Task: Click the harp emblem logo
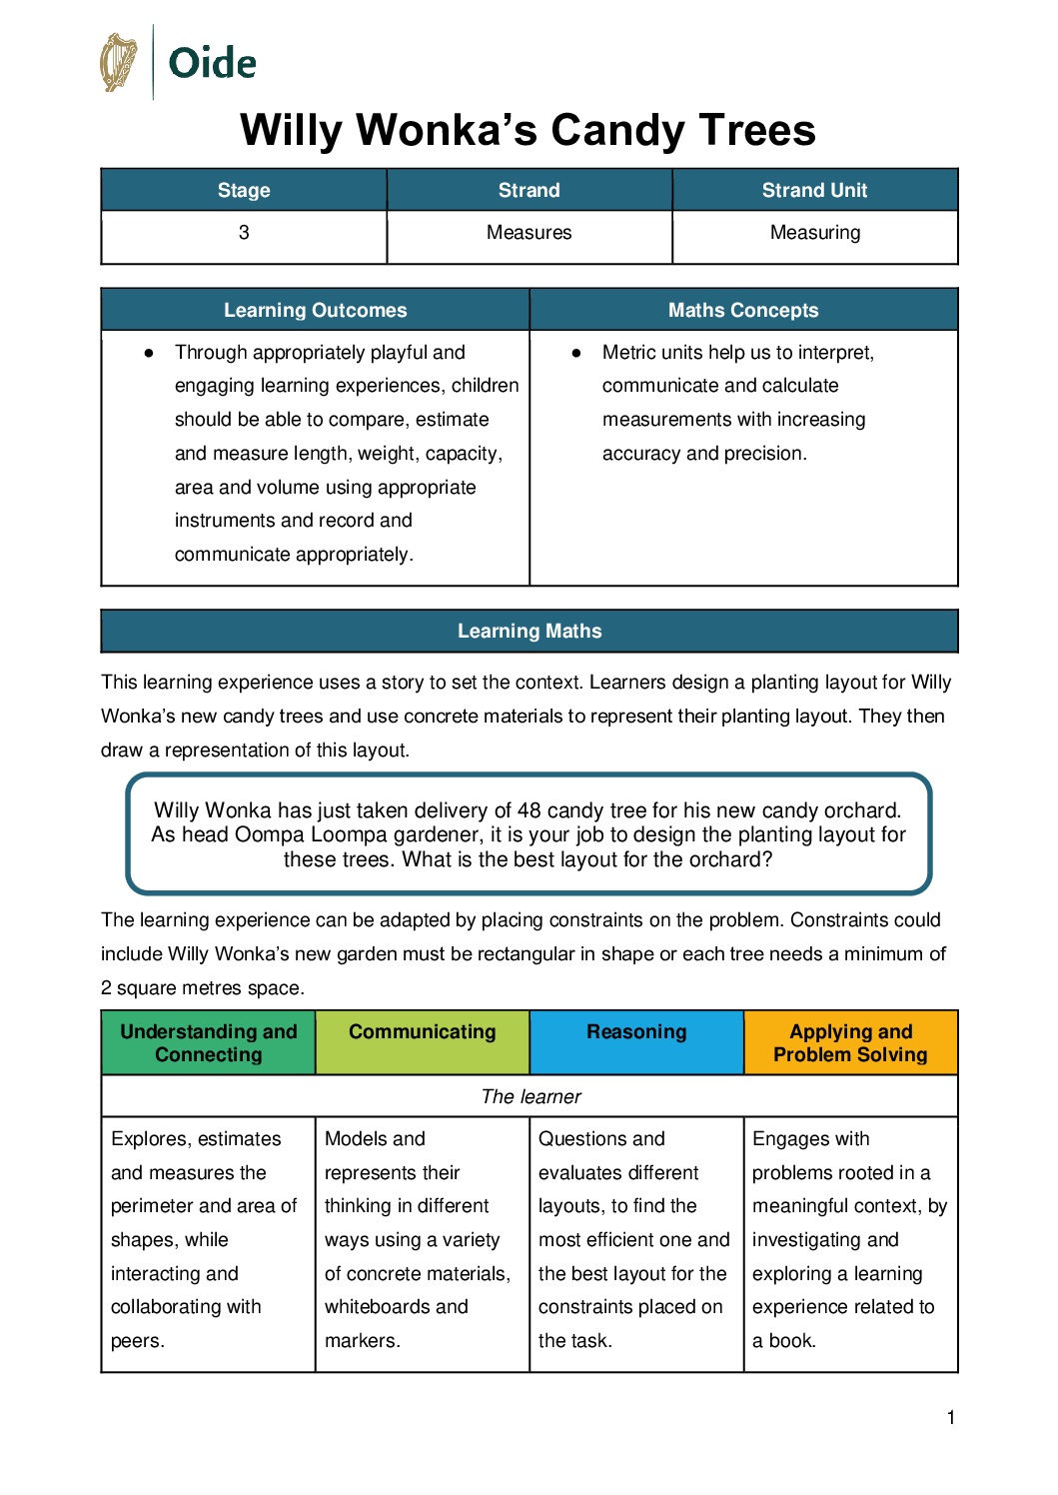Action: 119,62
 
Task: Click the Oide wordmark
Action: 212,63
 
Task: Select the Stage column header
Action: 244,190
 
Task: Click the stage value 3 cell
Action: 244,233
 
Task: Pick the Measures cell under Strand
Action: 529,233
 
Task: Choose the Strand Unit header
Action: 814,190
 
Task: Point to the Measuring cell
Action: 814,233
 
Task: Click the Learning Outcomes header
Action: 315,310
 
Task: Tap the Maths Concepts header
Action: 743,310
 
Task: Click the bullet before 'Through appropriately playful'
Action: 149,353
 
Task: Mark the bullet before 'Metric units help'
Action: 576,353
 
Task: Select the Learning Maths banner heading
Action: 529,632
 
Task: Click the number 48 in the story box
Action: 529,810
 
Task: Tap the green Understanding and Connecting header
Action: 209,1043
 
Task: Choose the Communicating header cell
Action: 423,1032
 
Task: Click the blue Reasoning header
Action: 636,1032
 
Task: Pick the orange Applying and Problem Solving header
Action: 850,1043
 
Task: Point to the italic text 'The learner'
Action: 530,1097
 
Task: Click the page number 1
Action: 951,1417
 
